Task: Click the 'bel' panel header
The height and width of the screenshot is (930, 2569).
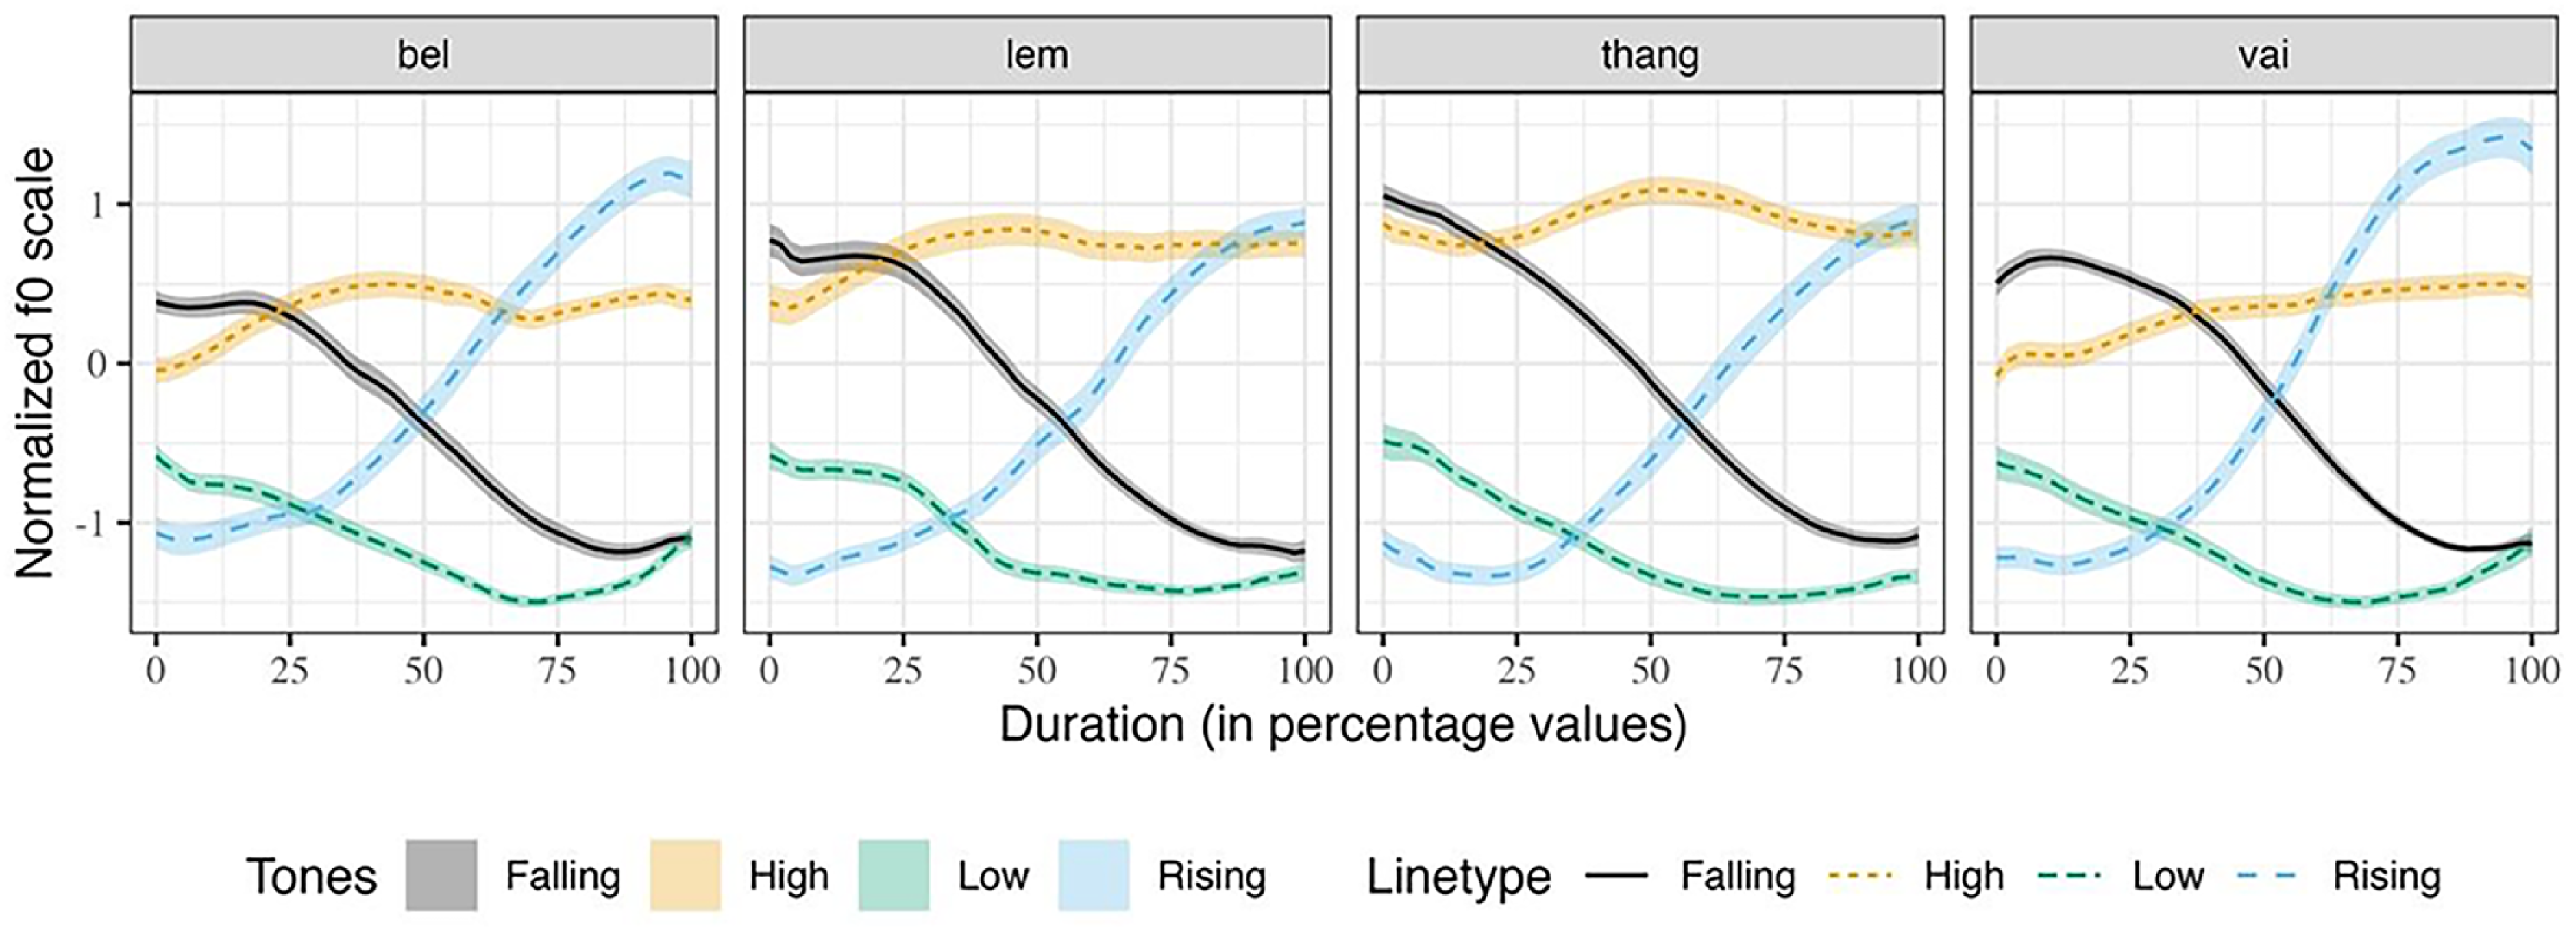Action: tap(424, 54)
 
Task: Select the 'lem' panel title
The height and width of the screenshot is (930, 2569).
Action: tap(1037, 54)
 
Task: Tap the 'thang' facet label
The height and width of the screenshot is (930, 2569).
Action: tap(1651, 54)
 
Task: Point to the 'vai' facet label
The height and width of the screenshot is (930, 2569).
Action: tap(2264, 54)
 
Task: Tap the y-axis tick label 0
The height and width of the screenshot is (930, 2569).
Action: tap(97, 364)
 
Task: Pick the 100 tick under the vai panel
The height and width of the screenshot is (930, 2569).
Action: tap(2531, 671)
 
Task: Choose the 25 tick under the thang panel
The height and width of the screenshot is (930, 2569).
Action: tap(1517, 671)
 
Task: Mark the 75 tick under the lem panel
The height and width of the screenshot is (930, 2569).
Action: tap(1171, 671)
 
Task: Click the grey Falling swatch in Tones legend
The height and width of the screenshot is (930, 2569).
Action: tap(441, 876)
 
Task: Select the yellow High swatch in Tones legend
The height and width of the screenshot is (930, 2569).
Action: tap(685, 876)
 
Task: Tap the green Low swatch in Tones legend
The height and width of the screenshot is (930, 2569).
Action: tap(894, 876)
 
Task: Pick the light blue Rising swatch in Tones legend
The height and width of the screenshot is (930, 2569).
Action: tap(1094, 876)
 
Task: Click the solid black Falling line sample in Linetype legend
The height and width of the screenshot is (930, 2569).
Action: tap(1616, 876)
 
